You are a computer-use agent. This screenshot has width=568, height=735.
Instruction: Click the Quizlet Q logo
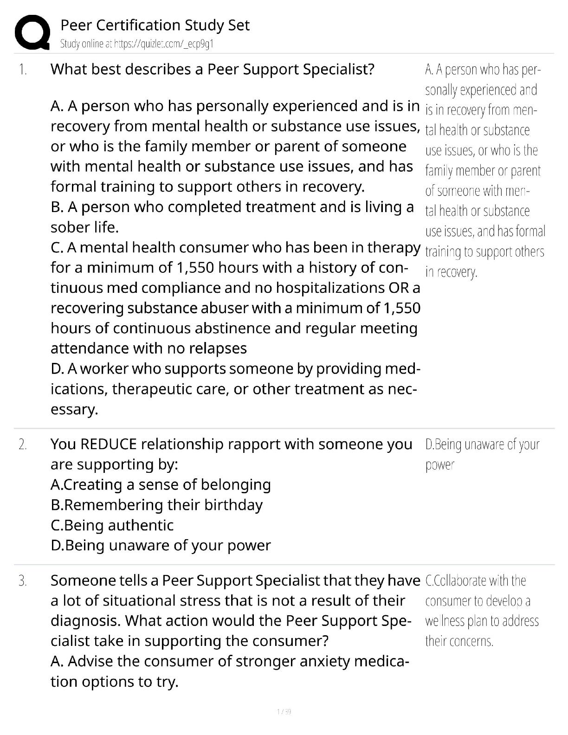32,32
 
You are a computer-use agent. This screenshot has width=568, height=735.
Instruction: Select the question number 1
23,70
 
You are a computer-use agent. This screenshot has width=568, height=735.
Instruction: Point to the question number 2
23,445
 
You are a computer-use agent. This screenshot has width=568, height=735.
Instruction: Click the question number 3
23,581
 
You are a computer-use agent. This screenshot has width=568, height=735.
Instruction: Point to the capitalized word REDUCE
109,445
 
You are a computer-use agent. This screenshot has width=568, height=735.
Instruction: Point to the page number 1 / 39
284,711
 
